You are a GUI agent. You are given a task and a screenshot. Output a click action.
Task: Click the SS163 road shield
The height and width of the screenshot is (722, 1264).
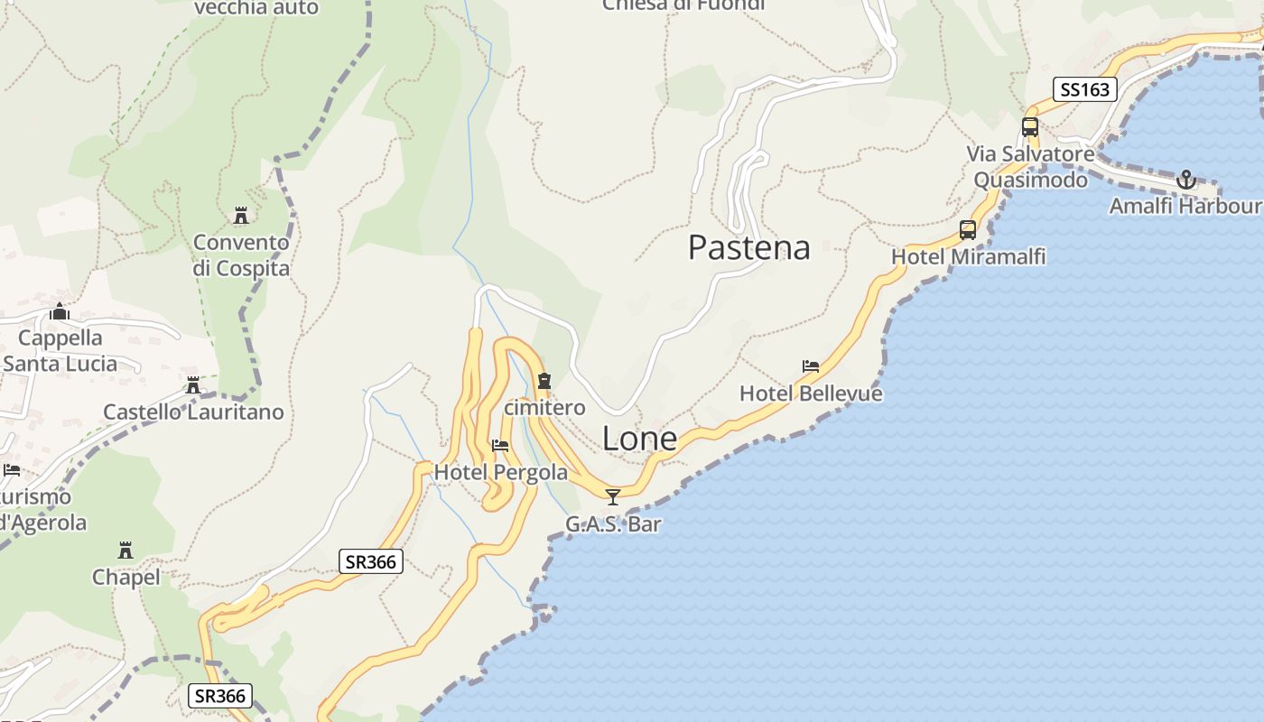[x=1085, y=89]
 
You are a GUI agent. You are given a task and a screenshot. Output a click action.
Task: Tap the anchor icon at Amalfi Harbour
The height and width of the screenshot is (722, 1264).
[x=1185, y=180]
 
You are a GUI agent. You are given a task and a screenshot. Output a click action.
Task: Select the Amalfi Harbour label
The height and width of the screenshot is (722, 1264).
[x=1185, y=206]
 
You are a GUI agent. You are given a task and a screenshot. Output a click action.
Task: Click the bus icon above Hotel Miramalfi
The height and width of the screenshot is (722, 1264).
[x=968, y=230]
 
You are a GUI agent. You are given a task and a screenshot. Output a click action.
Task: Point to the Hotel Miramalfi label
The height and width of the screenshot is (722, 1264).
[x=968, y=257]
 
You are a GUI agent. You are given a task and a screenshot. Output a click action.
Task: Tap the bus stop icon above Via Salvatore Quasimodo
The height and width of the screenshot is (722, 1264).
[x=1030, y=127]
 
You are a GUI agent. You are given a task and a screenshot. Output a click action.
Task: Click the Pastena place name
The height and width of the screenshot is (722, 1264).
[x=748, y=247]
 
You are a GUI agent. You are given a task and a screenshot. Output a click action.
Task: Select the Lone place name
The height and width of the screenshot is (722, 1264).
[x=639, y=439]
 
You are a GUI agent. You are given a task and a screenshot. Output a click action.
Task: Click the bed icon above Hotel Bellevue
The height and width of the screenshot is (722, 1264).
[x=811, y=366]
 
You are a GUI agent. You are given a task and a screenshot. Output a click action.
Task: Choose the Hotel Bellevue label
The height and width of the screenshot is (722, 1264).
[x=811, y=393]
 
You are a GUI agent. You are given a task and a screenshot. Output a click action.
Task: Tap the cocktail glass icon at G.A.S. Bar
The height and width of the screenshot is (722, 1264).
[x=613, y=497]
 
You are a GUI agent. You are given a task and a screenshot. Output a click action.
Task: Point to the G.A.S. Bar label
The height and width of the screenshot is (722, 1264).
[x=613, y=524]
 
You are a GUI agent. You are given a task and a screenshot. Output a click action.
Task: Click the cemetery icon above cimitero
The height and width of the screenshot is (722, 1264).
[x=544, y=381]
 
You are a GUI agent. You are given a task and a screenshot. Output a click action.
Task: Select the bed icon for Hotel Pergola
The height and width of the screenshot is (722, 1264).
[x=500, y=446]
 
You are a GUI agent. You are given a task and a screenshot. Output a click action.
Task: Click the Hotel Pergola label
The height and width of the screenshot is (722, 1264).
[x=501, y=472]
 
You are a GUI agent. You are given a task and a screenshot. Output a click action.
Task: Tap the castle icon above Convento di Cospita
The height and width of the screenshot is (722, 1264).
[x=241, y=216]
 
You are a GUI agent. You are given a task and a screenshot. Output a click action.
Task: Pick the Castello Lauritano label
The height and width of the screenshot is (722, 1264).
[x=193, y=412]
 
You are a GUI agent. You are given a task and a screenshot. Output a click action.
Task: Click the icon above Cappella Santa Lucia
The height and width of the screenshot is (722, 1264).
[x=60, y=312]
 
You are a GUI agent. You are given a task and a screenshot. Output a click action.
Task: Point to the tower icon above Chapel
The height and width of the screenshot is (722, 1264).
[x=125, y=551]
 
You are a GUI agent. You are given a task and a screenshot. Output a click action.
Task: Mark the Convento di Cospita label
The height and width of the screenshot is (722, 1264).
[x=241, y=255]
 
